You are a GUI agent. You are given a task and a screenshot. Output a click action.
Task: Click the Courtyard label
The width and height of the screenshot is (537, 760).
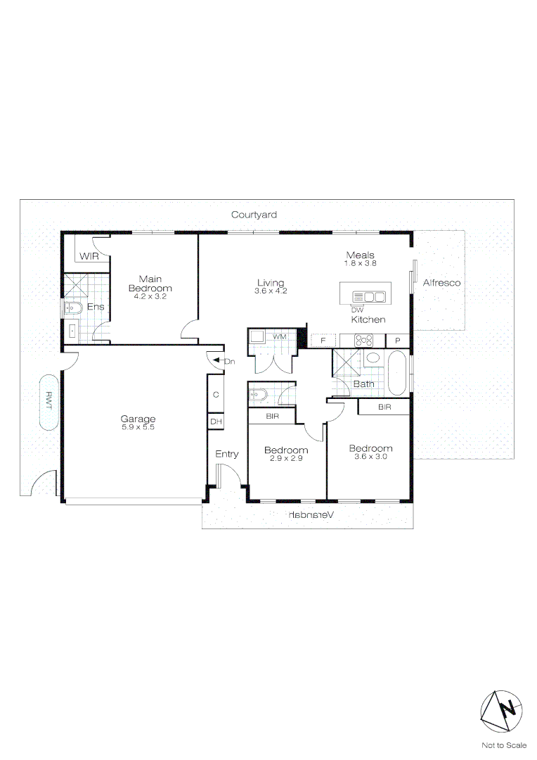point(254,215)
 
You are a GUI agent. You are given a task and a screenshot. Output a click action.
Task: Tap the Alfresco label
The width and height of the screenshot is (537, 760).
point(441,282)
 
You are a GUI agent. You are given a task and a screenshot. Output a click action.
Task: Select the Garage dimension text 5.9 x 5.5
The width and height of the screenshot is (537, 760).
point(138,427)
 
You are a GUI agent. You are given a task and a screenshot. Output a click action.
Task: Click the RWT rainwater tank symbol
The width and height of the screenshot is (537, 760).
point(49,400)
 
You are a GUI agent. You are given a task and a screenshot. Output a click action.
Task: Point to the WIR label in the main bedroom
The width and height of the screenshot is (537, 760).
point(89,256)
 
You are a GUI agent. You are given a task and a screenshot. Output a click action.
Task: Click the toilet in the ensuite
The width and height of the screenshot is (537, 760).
point(73,308)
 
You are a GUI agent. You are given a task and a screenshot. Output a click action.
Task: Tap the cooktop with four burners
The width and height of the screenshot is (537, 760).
point(364,340)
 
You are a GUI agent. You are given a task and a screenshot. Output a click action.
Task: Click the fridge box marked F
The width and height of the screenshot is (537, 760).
point(323,340)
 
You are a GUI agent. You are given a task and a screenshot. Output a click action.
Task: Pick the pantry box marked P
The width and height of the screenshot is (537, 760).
point(397,340)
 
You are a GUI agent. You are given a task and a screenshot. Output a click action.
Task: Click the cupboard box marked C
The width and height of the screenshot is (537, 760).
point(216,394)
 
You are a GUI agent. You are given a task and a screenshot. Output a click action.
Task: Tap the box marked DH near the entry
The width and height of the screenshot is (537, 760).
point(216,422)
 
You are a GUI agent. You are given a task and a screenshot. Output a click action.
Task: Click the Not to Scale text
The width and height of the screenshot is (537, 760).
point(503,745)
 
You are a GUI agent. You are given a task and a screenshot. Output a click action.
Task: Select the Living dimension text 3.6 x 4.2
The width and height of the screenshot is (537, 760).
point(271,291)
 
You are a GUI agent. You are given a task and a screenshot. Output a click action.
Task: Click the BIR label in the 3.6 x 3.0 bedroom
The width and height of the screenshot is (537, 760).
point(384,407)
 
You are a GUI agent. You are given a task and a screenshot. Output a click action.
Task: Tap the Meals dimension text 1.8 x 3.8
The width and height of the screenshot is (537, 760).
point(361,263)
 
